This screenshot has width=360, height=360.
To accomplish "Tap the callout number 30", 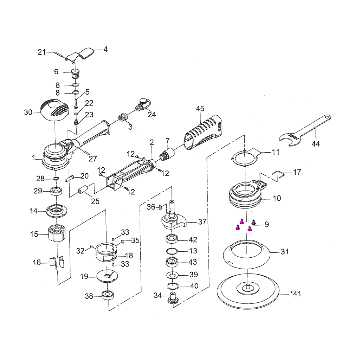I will click(28, 112).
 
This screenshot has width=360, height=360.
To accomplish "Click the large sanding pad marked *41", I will click(248, 292).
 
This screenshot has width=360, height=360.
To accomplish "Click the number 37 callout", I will click(202, 222).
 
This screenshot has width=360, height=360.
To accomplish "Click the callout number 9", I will click(266, 224).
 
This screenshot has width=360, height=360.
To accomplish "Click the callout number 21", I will click(42, 52).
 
